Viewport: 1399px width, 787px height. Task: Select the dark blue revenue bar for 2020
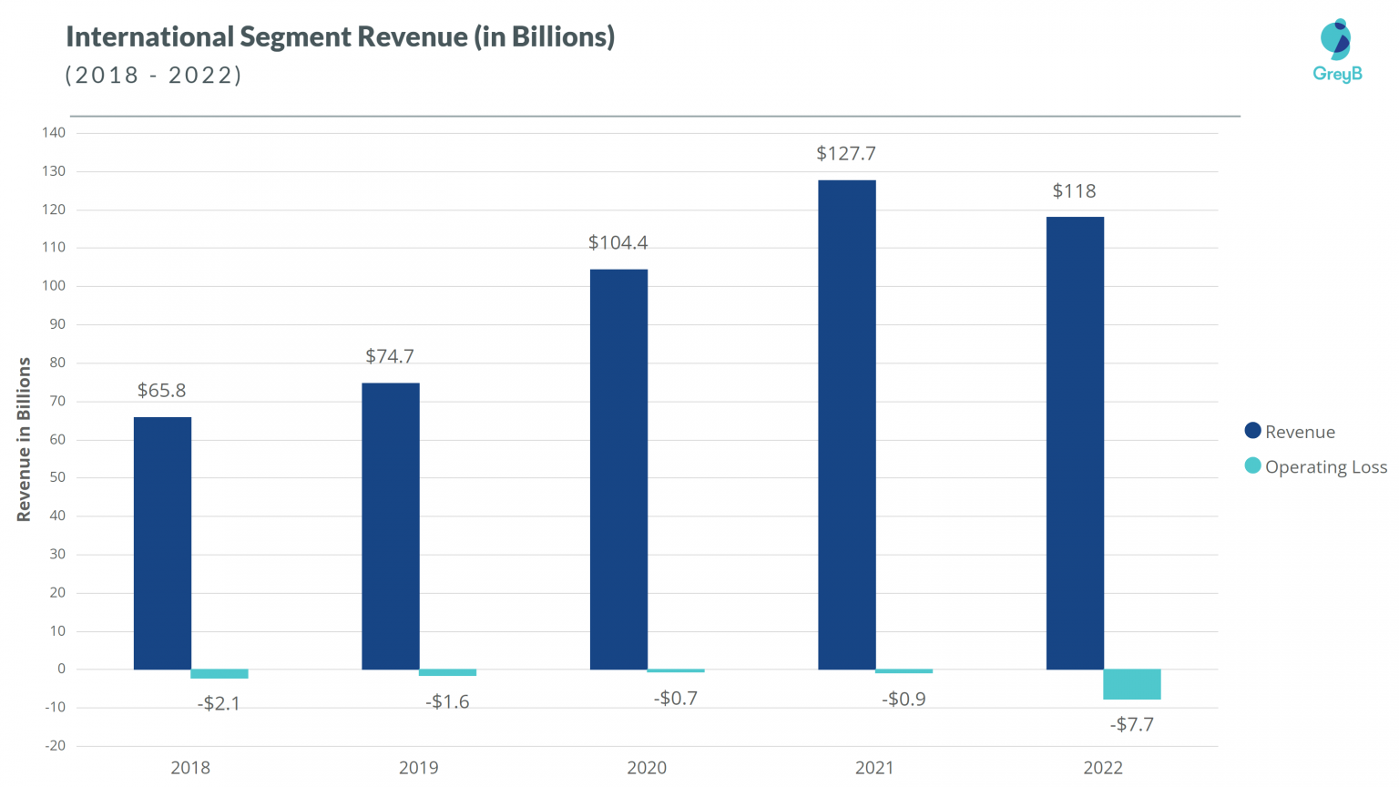coord(618,469)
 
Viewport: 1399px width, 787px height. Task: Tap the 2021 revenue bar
coord(847,424)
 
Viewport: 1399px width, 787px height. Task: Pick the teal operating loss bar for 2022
coord(1132,684)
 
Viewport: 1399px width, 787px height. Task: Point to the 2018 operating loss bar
coord(220,674)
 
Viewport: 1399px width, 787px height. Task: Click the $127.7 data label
coord(846,154)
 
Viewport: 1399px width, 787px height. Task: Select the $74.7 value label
coord(390,356)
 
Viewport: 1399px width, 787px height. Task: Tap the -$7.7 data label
coord(1132,725)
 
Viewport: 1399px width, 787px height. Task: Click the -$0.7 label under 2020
coord(676,699)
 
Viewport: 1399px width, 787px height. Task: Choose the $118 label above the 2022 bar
coord(1075,191)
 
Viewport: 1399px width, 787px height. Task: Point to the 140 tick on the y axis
coord(54,133)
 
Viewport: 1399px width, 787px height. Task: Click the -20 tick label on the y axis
coord(55,746)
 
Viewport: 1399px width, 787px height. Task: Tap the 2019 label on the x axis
coord(419,768)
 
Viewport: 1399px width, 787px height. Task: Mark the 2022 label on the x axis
coord(1103,768)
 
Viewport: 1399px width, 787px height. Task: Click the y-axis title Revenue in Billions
coord(24,439)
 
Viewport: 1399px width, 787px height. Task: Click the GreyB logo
coord(1337,51)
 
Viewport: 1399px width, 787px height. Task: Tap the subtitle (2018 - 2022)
coord(154,75)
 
